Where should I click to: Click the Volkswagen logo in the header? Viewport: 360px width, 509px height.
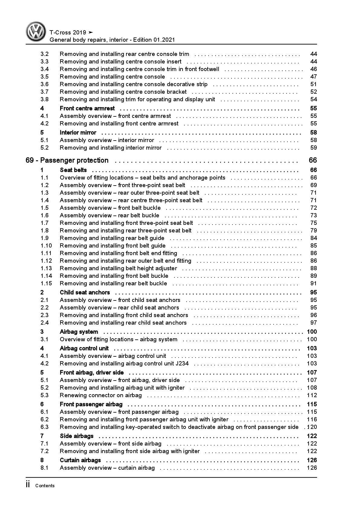36,31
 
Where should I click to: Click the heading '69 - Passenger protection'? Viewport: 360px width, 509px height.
67,160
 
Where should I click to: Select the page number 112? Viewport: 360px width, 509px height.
312,395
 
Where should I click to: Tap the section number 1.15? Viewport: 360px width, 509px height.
46,284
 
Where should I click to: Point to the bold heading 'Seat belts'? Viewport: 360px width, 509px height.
73,170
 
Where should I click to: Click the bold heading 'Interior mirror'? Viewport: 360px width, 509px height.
78,133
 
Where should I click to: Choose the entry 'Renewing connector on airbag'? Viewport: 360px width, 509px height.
101,395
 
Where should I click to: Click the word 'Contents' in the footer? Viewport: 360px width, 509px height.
45,486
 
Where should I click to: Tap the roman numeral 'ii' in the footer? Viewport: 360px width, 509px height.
28,485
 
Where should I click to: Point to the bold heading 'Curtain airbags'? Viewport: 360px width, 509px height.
80,460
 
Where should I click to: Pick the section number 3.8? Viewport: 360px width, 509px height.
44,99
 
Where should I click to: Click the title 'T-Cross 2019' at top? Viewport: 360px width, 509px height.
68,32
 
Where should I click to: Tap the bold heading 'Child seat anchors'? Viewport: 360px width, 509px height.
85,293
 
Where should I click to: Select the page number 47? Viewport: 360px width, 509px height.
313,77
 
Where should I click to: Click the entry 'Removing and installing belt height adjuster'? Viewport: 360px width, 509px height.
118,268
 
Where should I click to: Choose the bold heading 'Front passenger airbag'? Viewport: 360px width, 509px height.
91,404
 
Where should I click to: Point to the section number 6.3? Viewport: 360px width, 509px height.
44,427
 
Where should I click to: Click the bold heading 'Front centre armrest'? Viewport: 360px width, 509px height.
87,109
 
